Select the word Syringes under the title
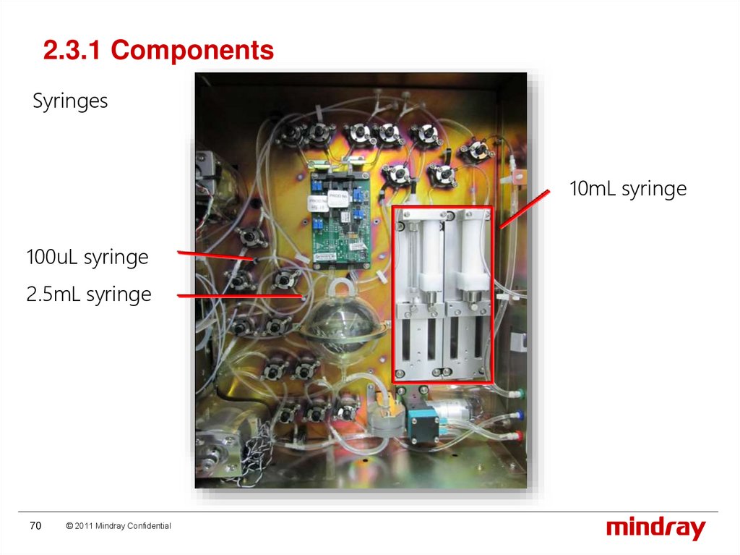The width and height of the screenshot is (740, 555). [x=70, y=101]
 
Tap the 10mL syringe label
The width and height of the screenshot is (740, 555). [x=627, y=190]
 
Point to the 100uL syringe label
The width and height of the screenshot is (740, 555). [x=87, y=257]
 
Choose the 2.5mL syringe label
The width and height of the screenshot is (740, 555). [x=89, y=295]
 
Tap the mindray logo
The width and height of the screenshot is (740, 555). [x=655, y=528]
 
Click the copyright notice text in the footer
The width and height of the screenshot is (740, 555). [x=118, y=526]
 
